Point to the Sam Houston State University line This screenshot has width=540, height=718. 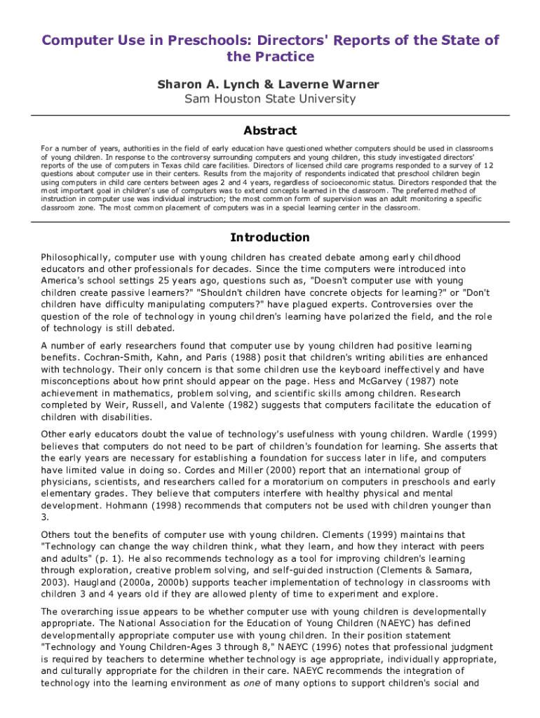(x=270, y=99)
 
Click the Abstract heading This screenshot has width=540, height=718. (x=270, y=130)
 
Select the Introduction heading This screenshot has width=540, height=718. (x=270, y=237)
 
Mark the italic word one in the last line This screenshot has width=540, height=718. (x=252, y=684)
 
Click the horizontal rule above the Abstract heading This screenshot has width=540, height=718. (x=270, y=114)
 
